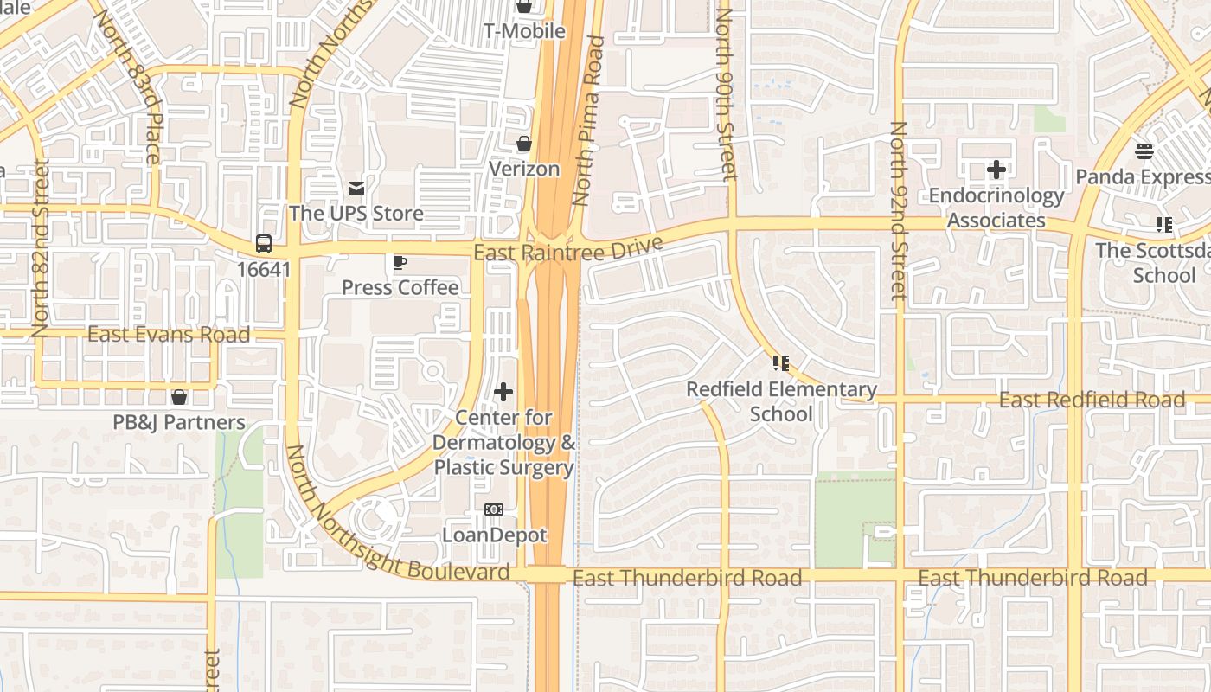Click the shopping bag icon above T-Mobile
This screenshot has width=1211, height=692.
(x=523, y=7)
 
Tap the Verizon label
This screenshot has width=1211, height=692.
(x=524, y=169)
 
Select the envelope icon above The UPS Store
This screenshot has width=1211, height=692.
(x=356, y=189)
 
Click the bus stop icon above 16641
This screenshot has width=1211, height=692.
(x=264, y=244)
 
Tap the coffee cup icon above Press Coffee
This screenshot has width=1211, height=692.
(x=399, y=262)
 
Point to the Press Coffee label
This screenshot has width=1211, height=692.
(x=400, y=287)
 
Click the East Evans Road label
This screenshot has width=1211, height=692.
(x=169, y=335)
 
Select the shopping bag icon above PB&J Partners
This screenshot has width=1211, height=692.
(x=179, y=397)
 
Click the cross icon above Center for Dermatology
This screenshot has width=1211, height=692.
(x=503, y=393)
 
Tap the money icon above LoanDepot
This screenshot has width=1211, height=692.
(x=494, y=509)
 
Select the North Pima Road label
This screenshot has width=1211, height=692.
(x=588, y=121)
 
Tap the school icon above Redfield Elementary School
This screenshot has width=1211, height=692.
(x=781, y=363)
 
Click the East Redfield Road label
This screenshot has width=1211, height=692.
(x=1092, y=400)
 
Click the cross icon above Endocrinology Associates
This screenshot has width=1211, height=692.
(x=996, y=170)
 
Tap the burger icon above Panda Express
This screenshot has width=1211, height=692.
(x=1144, y=151)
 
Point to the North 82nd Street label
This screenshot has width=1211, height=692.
(x=41, y=248)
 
